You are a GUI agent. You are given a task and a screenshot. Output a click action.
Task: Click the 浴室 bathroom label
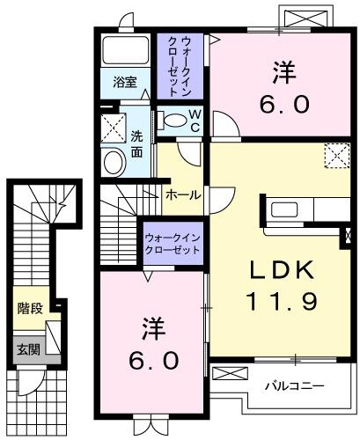click(x=125, y=83)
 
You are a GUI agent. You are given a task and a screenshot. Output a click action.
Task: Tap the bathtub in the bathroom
click(x=125, y=50)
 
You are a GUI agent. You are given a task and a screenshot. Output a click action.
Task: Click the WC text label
click(x=195, y=121)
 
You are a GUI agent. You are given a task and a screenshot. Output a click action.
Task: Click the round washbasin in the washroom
click(x=114, y=162)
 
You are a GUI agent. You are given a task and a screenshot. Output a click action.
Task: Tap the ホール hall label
click(x=183, y=194)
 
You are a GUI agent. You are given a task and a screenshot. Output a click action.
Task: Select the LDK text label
click(x=282, y=270)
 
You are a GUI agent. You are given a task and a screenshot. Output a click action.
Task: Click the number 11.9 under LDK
click(x=282, y=301)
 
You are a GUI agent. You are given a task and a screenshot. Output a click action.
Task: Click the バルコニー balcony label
click(x=295, y=386)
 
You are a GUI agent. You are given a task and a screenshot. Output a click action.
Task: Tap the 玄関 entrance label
click(x=28, y=349)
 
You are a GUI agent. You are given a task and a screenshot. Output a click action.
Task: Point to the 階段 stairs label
click(x=30, y=308)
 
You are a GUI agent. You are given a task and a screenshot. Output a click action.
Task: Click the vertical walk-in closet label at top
click(x=179, y=66)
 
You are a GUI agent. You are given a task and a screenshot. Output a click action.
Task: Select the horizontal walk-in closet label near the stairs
click(x=173, y=244)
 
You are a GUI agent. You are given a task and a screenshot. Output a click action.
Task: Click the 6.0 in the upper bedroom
click(x=284, y=104)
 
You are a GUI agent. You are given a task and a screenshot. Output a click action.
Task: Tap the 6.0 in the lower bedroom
click(x=154, y=361)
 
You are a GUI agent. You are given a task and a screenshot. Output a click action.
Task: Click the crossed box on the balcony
click(x=230, y=374)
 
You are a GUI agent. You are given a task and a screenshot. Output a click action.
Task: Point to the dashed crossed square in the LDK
click(x=337, y=156)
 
